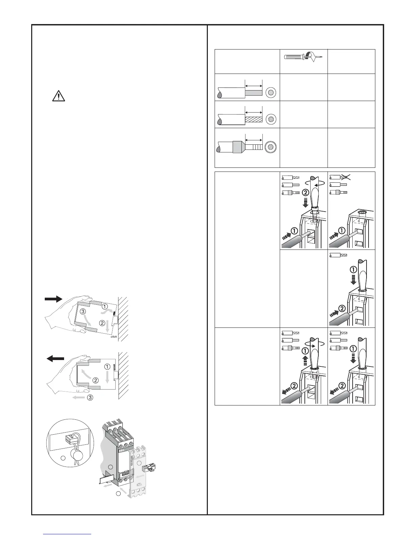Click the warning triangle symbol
(x=59, y=97)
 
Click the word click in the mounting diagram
(x=114, y=337)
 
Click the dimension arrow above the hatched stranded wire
(x=253, y=112)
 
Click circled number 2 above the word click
(x=102, y=323)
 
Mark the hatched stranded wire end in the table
(x=253, y=120)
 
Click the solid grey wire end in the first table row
(x=253, y=92)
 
